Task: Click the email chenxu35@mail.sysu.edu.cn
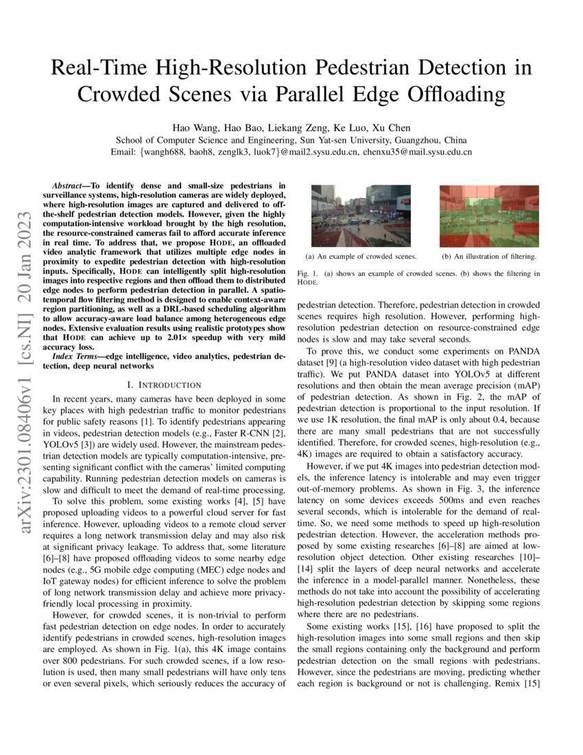[417, 152]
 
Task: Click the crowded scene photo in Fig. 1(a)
[361, 216]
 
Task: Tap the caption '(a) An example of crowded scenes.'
[361, 257]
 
